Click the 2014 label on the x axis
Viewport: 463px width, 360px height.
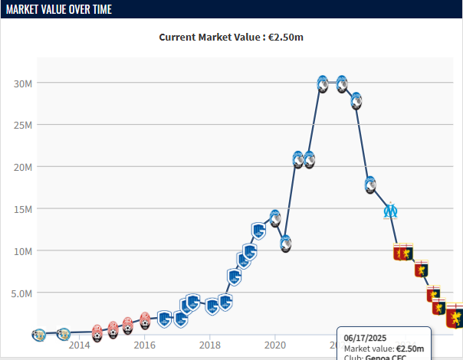(80, 345)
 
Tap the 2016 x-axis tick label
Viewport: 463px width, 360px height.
(145, 345)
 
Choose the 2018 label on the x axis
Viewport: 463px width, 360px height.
(210, 345)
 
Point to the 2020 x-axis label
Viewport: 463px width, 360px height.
(275, 345)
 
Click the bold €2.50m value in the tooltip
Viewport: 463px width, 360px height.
(410, 349)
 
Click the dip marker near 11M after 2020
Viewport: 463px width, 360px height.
(285, 244)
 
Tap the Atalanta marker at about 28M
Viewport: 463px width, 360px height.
(356, 100)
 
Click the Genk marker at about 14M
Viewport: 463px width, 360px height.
(275, 218)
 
